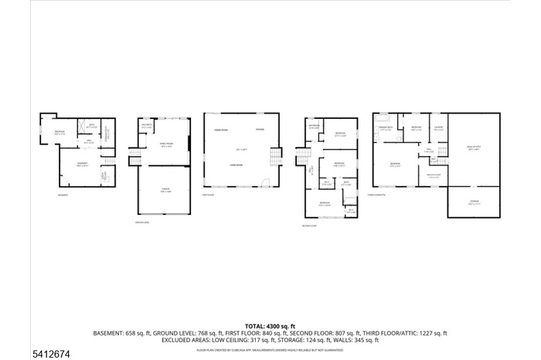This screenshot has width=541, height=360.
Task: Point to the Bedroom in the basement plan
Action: pyautogui.click(x=59, y=134)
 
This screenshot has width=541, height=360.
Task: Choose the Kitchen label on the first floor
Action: pyautogui.click(x=260, y=130)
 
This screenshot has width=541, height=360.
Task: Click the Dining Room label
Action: pyautogui.click(x=219, y=131)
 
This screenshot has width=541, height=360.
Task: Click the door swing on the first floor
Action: pyautogui.click(x=265, y=183)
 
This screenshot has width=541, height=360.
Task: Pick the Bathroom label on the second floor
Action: pyautogui.click(x=314, y=127)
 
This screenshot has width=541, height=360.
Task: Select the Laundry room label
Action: pyautogui.click(x=437, y=129)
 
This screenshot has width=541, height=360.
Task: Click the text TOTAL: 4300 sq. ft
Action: pyautogui.click(x=270, y=326)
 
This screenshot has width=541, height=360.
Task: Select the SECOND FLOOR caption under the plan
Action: pyautogui.click(x=310, y=226)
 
